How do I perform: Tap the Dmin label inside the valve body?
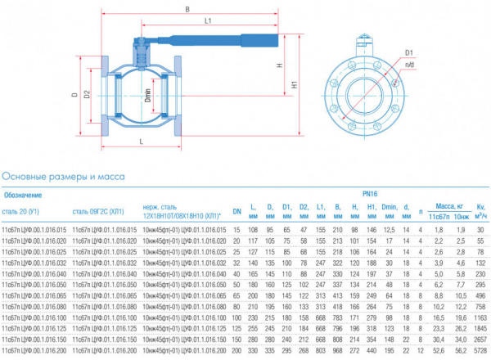pyautogui.click(x=146, y=96)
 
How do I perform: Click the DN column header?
pyautogui.click(x=236, y=211)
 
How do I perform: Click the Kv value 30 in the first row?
pyautogui.click(x=481, y=231)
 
